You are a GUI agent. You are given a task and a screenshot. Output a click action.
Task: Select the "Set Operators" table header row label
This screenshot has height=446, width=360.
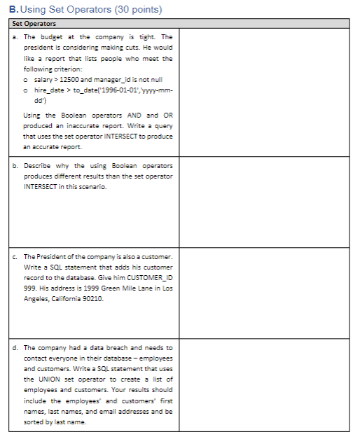pyautogui.click(x=34, y=24)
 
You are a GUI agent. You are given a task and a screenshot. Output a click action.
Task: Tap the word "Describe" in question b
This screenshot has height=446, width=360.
pyautogui.click(x=39, y=166)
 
